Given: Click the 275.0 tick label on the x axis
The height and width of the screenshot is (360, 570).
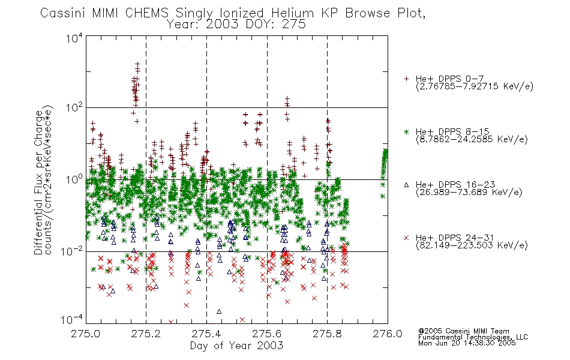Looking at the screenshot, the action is point(85,334).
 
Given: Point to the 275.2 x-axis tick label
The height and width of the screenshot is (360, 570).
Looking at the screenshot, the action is point(146,334).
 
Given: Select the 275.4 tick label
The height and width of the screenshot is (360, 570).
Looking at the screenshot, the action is point(206,334).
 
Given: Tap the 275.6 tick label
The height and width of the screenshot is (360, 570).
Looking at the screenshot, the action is point(267,334).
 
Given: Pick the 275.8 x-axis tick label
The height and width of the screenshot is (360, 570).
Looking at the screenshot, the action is point(327,334).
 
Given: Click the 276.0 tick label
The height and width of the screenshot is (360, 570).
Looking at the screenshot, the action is point(388,334).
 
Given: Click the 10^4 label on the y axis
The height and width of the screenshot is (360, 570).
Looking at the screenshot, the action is point(74,38).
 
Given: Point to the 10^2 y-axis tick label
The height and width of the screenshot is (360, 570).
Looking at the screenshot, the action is point(74,107).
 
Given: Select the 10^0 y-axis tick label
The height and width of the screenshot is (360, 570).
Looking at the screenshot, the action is point(74,179).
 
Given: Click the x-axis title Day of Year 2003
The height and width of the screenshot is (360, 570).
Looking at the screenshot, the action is point(236,346).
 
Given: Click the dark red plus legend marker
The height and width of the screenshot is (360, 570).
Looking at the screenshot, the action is point(406,79).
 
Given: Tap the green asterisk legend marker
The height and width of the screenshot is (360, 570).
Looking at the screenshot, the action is point(406,131).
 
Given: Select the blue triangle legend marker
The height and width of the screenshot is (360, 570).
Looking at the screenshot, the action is point(406,185).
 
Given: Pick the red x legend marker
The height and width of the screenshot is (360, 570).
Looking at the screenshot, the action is point(406,238).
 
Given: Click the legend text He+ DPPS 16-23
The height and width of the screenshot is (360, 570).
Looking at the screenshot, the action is point(455,185).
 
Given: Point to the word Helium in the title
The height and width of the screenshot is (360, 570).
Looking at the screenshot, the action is point(293,13).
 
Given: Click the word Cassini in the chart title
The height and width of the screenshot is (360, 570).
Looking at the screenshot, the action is point(62,13).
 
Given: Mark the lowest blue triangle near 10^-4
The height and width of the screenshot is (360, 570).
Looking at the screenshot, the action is point(219,311).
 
